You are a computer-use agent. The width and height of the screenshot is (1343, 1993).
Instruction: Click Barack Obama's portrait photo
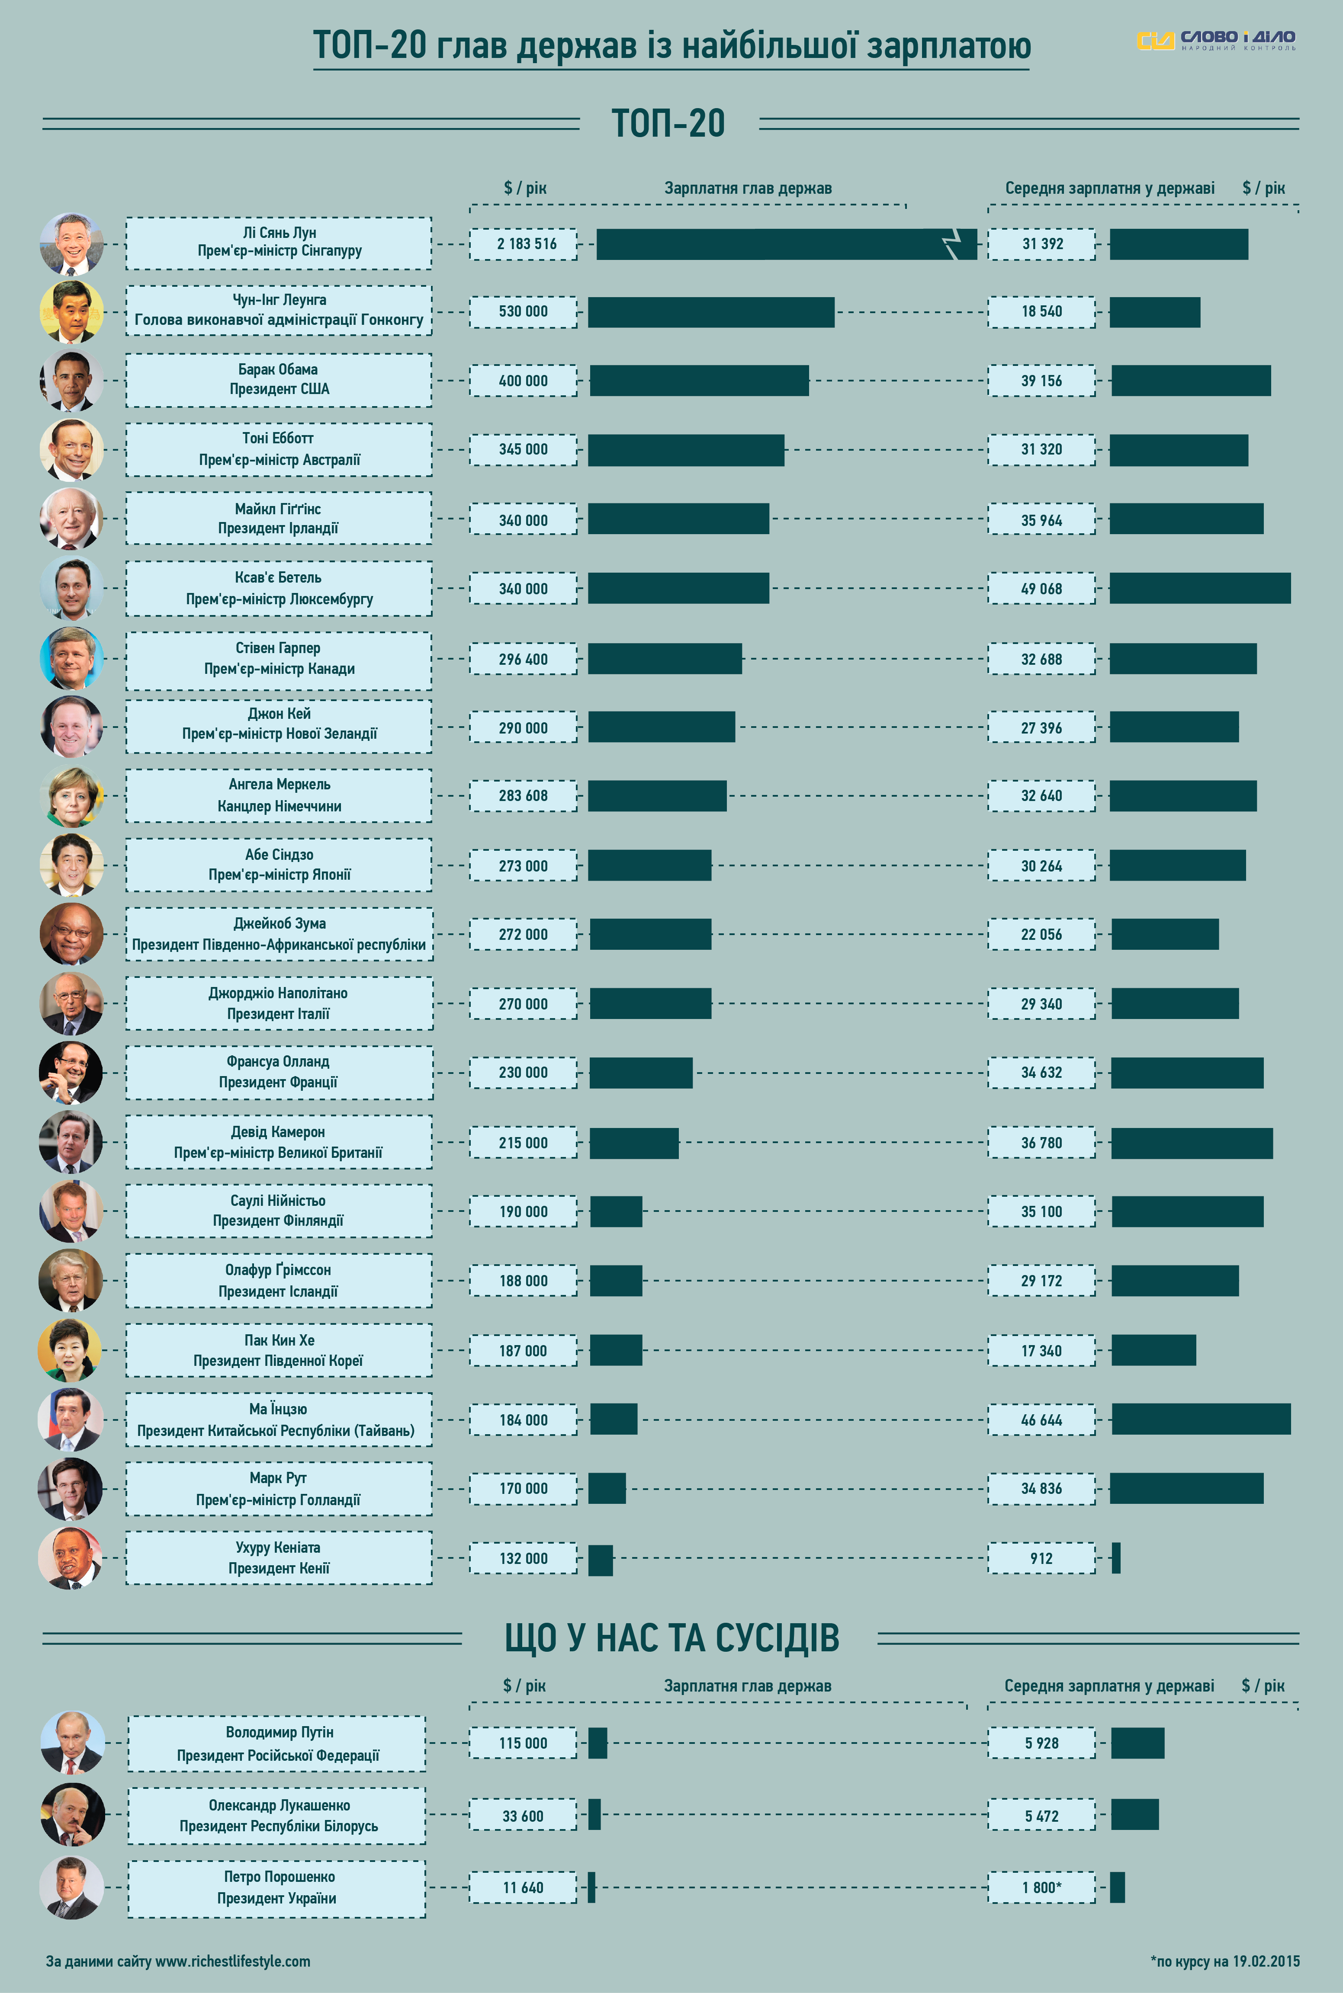[72, 380]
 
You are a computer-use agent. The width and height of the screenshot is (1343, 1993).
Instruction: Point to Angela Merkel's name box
[278, 795]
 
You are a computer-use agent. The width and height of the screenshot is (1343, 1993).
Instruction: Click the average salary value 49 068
[1041, 589]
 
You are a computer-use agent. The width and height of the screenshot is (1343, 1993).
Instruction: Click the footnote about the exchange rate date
[1225, 1961]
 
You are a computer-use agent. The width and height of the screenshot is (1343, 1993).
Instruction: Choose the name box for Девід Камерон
[278, 1142]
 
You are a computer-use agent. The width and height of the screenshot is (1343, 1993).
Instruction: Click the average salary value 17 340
[1041, 1351]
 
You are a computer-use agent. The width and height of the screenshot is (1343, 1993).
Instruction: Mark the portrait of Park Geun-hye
[70, 1350]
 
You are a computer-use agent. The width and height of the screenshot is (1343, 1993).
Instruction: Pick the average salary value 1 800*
[1041, 1888]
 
